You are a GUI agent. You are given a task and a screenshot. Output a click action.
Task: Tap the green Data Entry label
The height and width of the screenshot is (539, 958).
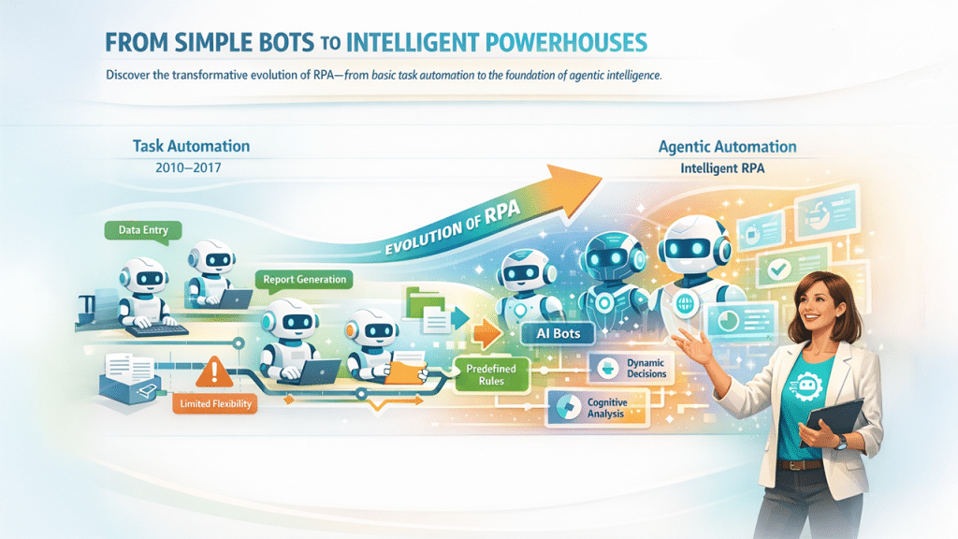(x=138, y=229)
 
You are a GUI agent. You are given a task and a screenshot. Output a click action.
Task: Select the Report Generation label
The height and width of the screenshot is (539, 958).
(x=304, y=279)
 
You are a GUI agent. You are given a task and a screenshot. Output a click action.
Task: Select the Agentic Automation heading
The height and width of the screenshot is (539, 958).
(x=727, y=147)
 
